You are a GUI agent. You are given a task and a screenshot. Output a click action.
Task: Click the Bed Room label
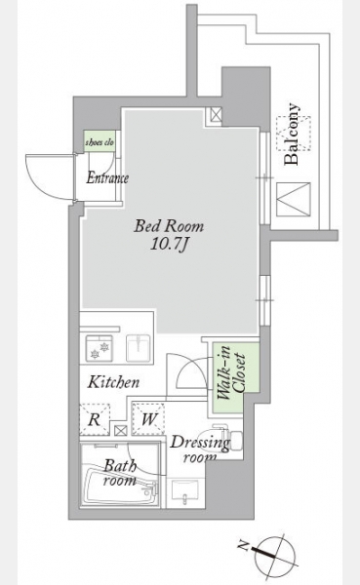169,226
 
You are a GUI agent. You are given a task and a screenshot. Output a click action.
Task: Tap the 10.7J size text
169,245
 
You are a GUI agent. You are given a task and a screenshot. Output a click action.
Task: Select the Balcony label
292,134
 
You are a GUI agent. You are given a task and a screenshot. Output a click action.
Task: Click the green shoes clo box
100,141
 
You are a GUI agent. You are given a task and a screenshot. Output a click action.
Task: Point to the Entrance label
107,178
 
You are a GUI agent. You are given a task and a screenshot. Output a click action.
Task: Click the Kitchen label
113,382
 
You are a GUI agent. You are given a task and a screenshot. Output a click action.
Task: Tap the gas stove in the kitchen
100,348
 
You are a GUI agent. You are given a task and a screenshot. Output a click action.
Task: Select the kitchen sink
139,348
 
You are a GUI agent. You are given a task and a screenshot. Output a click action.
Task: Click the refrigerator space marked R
95,419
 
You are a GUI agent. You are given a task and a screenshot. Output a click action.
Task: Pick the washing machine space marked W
148,418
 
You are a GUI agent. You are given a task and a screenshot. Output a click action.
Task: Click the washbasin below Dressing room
185,492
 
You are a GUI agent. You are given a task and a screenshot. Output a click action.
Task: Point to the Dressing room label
200,448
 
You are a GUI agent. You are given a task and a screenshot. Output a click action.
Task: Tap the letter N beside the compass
244,547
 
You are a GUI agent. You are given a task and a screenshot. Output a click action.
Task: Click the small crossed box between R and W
120,430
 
